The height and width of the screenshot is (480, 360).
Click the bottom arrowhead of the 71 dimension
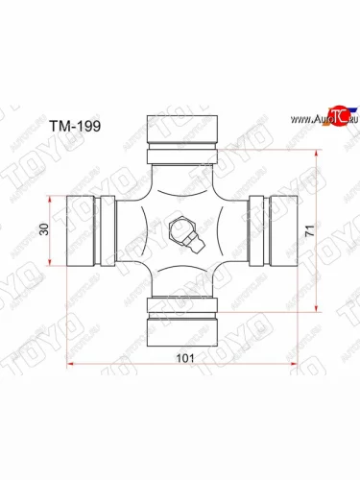coord(313,309)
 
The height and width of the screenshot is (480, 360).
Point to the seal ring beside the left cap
coord(109,230)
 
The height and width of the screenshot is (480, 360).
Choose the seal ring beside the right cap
coord(257,230)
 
